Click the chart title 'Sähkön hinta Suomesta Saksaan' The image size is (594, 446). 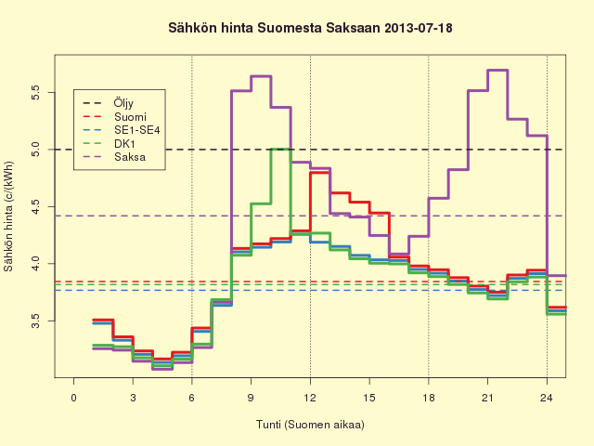pyautogui.click(x=274, y=28)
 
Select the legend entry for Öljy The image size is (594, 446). pyautogui.click(x=123, y=103)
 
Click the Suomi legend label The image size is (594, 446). pyautogui.click(x=130, y=116)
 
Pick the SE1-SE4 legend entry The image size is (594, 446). pyautogui.click(x=137, y=130)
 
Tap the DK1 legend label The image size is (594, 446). pyautogui.click(x=124, y=144)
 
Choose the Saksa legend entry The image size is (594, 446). pyautogui.click(x=130, y=157)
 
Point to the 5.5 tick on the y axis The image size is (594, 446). pyautogui.click(x=35, y=92)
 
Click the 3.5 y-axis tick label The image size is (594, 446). pyautogui.click(x=35, y=321)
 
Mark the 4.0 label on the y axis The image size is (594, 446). pyautogui.click(x=35, y=264)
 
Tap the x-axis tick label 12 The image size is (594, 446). pyautogui.click(x=310, y=398)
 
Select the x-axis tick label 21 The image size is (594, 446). pyautogui.click(x=487, y=398)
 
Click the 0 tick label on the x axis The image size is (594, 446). pyautogui.click(x=73, y=398)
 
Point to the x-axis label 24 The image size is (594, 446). pyautogui.click(x=547, y=398)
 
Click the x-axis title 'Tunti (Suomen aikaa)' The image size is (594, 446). pyautogui.click(x=310, y=425)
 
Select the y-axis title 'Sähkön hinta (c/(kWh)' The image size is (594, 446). pyautogui.click(x=8, y=216)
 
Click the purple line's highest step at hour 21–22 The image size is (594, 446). pyautogui.click(x=497, y=71)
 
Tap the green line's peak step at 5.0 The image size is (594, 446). pyautogui.click(x=280, y=149)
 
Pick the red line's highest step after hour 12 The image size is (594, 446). pyautogui.click(x=320, y=173)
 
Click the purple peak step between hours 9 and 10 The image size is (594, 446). pyautogui.click(x=261, y=76)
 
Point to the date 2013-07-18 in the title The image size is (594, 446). pyautogui.click(x=419, y=28)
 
